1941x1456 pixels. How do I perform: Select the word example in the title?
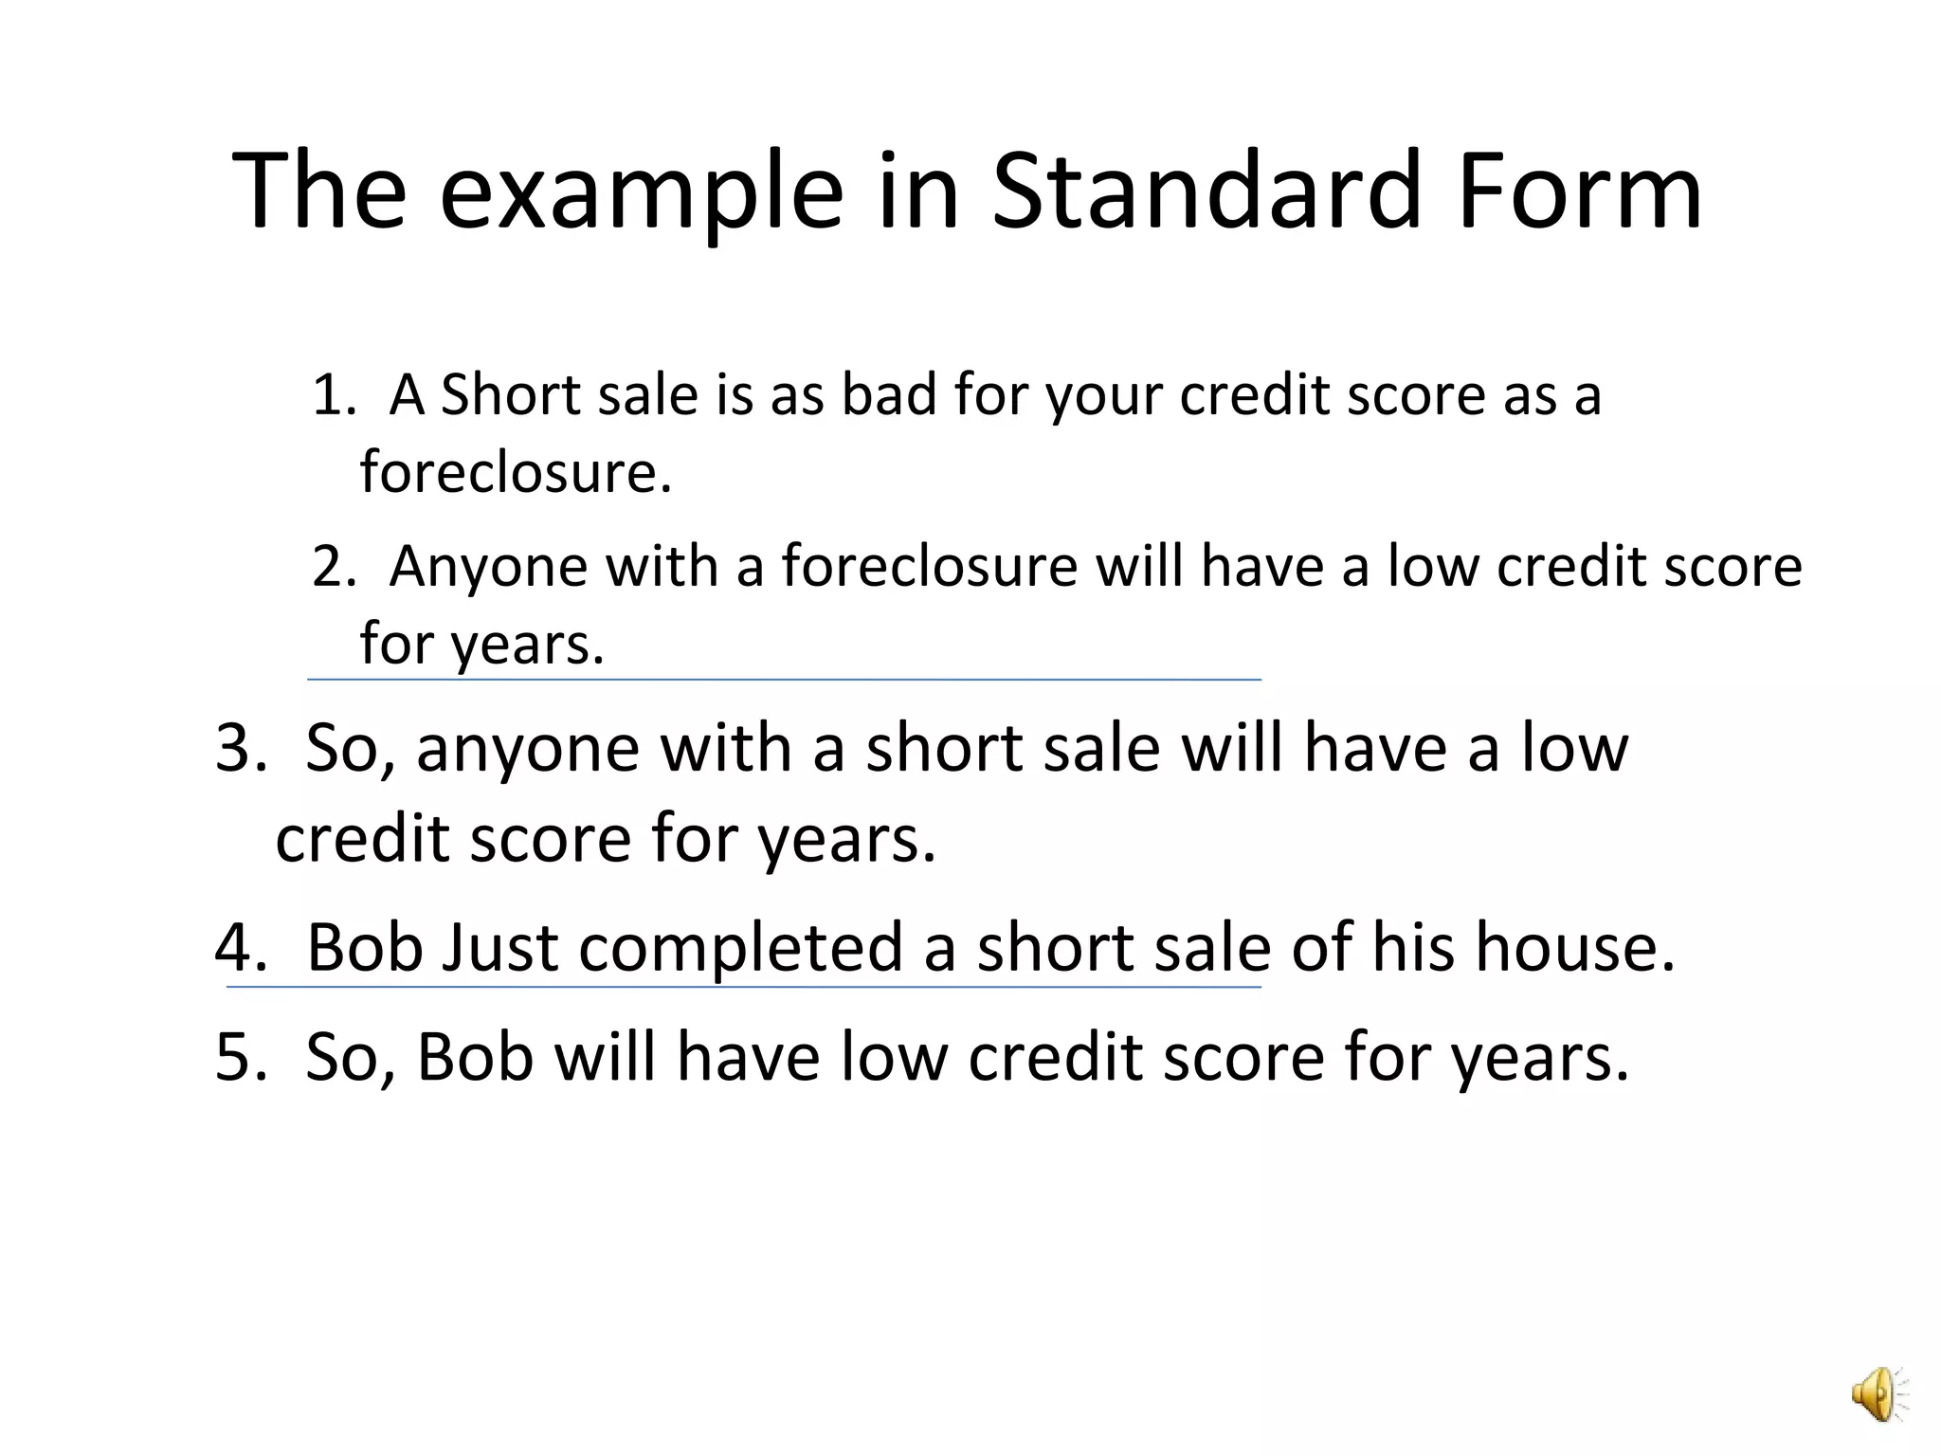click(641, 194)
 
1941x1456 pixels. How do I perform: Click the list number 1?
click(332, 395)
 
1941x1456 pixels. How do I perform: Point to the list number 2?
click(332, 567)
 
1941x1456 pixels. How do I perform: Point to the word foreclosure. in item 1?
click(516, 471)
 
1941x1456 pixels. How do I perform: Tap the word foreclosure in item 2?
click(929, 567)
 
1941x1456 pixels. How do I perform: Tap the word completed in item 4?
click(740, 949)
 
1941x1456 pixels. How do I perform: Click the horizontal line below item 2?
click(784, 680)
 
